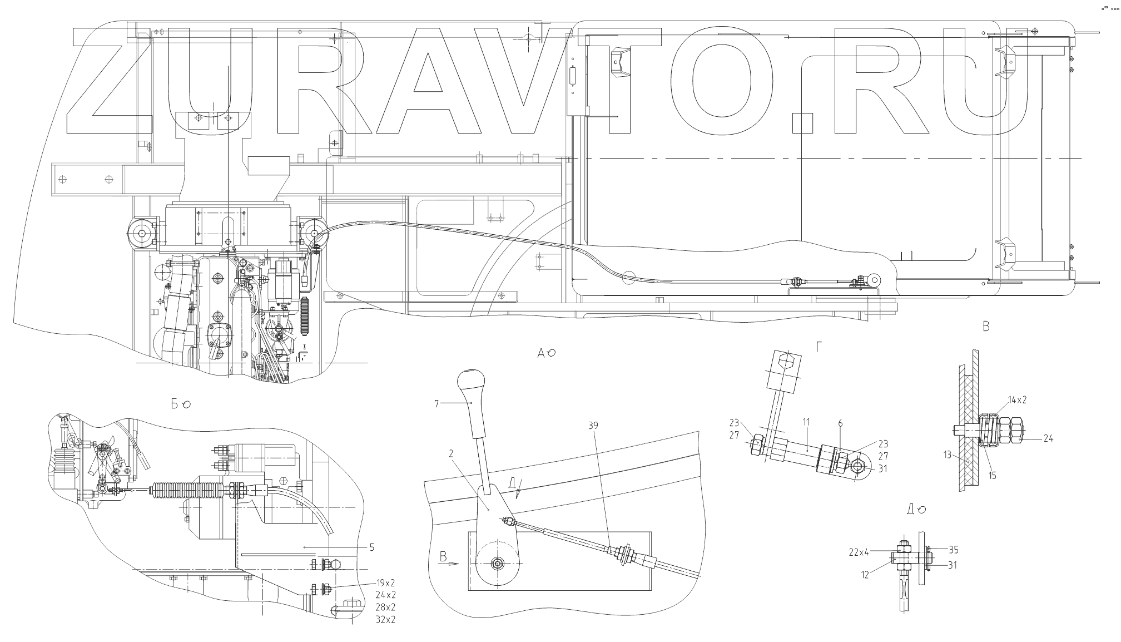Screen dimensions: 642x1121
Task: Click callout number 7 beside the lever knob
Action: coord(437,404)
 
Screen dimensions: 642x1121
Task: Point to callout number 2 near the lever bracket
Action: coord(451,454)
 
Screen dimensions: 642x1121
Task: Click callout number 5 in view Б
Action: coord(371,547)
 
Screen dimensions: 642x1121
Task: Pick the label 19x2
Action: coord(385,583)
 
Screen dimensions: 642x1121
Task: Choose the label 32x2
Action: coord(385,620)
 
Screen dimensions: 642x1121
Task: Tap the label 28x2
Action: coord(385,608)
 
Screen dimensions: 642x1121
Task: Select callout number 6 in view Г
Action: coord(840,424)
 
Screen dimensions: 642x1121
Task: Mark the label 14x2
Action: coord(1017,400)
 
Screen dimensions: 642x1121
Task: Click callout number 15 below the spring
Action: coord(993,475)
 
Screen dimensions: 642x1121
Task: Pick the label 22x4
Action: coord(859,552)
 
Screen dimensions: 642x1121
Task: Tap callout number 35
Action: coord(954,550)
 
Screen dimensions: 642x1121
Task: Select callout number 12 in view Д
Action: coord(865,575)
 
